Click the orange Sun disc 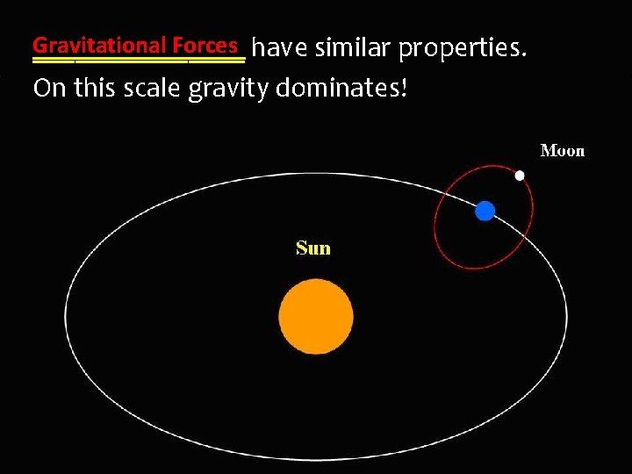(x=316, y=316)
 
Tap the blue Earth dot (x=485, y=211)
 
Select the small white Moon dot (x=520, y=176)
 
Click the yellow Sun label (x=313, y=248)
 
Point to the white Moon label (x=562, y=151)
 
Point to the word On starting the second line (x=48, y=89)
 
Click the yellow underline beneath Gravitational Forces (x=138, y=61)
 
